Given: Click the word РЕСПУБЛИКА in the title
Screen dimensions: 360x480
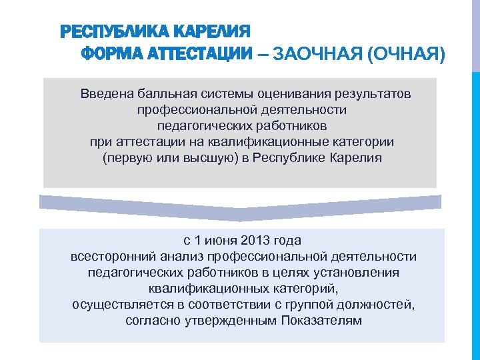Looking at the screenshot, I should (x=103, y=31).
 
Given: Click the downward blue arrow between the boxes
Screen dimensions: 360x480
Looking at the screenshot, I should (x=240, y=206).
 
